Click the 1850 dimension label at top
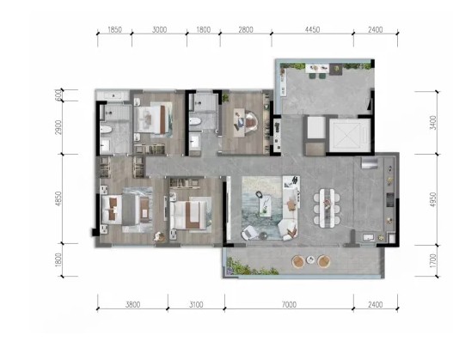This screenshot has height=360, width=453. click(x=114, y=29)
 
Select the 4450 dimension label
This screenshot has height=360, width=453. click(x=312, y=29)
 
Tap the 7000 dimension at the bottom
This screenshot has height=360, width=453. click(x=289, y=304)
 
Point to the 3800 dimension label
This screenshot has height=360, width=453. click(x=133, y=304)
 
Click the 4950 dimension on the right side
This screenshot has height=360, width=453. click(x=433, y=199)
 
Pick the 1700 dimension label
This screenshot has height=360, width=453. click(x=433, y=260)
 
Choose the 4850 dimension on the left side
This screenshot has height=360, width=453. click(x=58, y=198)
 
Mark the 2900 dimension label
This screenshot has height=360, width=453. click(x=58, y=127)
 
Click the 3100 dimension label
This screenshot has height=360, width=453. click(x=196, y=304)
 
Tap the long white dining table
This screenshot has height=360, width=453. click(x=327, y=207)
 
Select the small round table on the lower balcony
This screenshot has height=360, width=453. click(x=310, y=260)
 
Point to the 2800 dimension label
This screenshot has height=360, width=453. click(x=246, y=29)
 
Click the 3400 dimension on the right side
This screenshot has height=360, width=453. click(x=433, y=122)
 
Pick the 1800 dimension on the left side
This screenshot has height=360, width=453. click(x=58, y=259)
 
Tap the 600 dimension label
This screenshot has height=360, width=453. click(x=58, y=95)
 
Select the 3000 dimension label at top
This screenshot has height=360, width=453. click(x=159, y=29)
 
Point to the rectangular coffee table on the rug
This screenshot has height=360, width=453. click(x=265, y=205)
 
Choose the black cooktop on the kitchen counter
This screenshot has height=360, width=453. click(x=390, y=200)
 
